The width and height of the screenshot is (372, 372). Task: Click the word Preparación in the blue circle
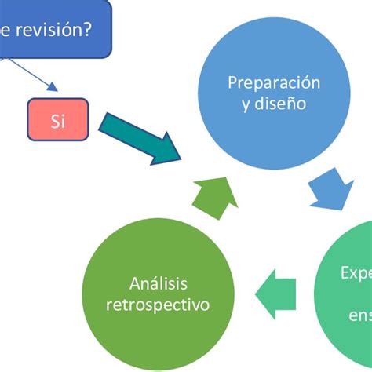click(274, 82)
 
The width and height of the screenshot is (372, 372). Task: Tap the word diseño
click(282, 103)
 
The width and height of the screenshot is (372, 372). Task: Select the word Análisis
click(158, 283)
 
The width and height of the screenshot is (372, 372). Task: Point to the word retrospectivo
click(158, 305)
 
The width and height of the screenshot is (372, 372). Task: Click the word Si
click(58, 121)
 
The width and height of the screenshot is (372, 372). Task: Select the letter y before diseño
click(246, 104)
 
